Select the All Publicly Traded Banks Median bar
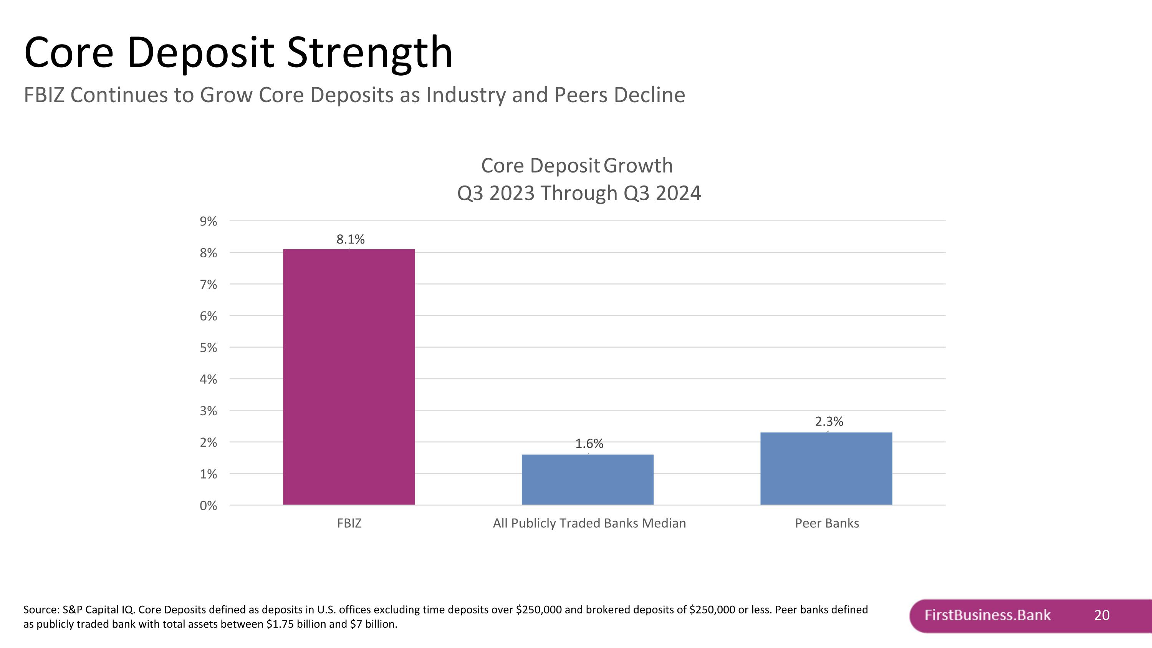(587, 479)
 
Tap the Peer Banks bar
(826, 468)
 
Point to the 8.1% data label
(350, 239)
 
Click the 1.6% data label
(589, 444)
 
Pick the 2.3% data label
(829, 421)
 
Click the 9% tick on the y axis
(209, 221)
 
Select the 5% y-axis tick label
(209, 348)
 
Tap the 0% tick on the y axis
(209, 505)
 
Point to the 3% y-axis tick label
(209, 411)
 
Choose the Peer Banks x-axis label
(827, 523)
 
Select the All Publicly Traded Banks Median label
(589, 523)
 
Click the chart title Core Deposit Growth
(577, 166)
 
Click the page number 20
(1101, 615)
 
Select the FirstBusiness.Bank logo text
(987, 615)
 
